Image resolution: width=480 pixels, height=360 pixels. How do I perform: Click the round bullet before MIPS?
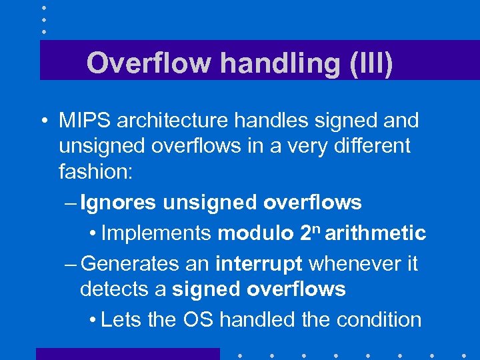tap(43, 121)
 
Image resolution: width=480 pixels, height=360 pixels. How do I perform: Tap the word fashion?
tap(96, 172)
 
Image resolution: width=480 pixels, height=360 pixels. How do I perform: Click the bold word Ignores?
tap(117, 202)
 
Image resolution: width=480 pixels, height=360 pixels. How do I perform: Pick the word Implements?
tap(157, 233)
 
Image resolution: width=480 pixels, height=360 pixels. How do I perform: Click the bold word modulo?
tap(255, 233)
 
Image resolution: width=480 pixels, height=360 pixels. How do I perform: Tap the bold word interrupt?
tap(259, 263)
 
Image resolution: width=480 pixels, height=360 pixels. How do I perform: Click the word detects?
tap(113, 289)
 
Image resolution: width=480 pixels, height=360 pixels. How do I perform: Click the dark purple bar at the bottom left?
tap(127, 353)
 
